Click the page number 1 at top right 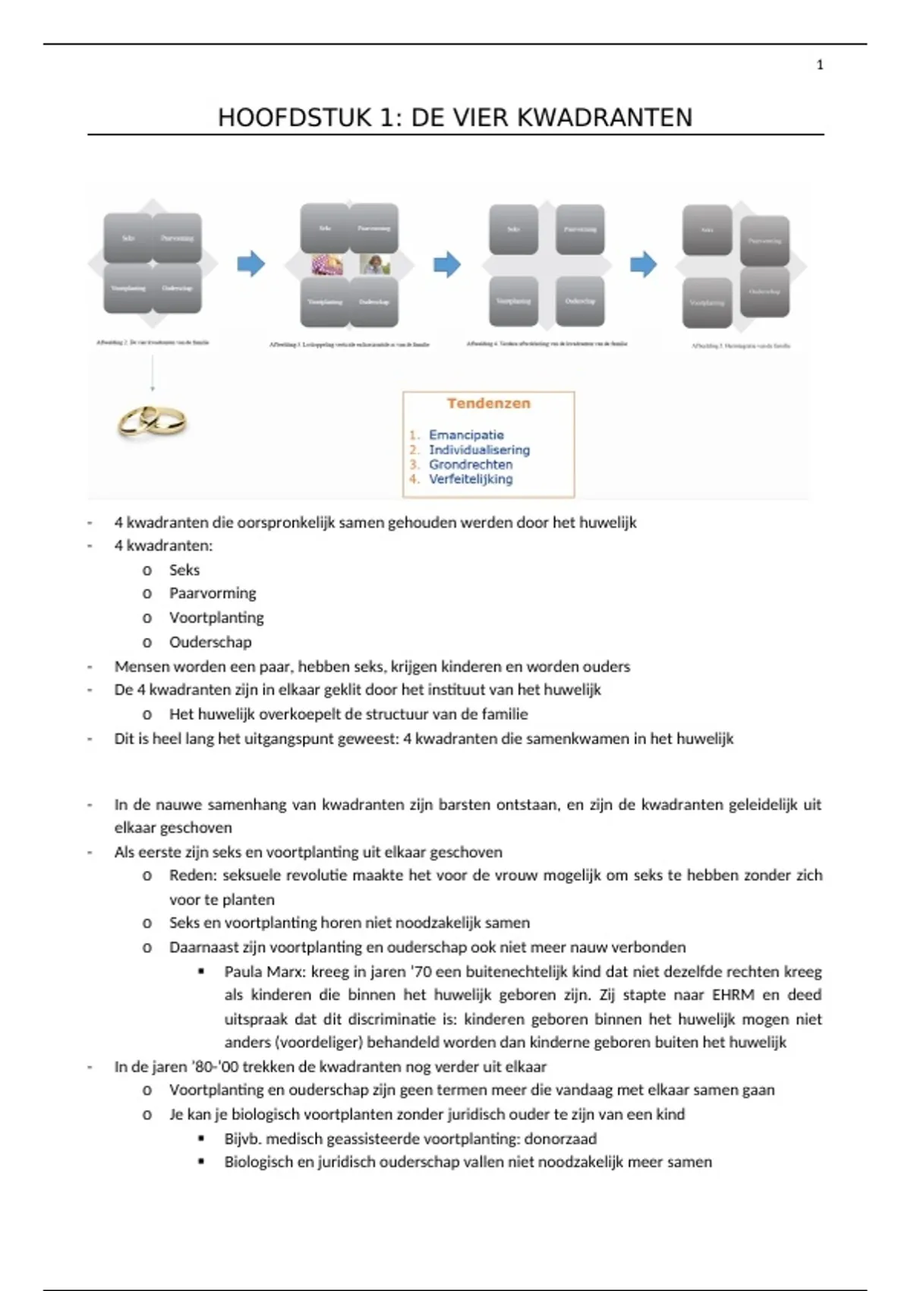tap(819, 65)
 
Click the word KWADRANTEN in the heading tap(605, 118)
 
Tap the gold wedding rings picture tap(152, 421)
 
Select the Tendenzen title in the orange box tap(488, 403)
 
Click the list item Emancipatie tap(466, 435)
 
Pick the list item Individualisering tap(479, 450)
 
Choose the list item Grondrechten tap(471, 464)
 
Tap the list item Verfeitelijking tap(471, 479)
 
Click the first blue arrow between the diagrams tap(251, 264)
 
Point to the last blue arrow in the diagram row tap(643, 264)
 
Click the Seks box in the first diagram tap(128, 238)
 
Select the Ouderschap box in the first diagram tap(178, 289)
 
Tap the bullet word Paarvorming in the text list tap(213, 593)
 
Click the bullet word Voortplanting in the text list tap(216, 617)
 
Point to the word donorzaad tap(560, 1138)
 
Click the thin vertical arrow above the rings tap(152, 372)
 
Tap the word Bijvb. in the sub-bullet tap(242, 1138)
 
